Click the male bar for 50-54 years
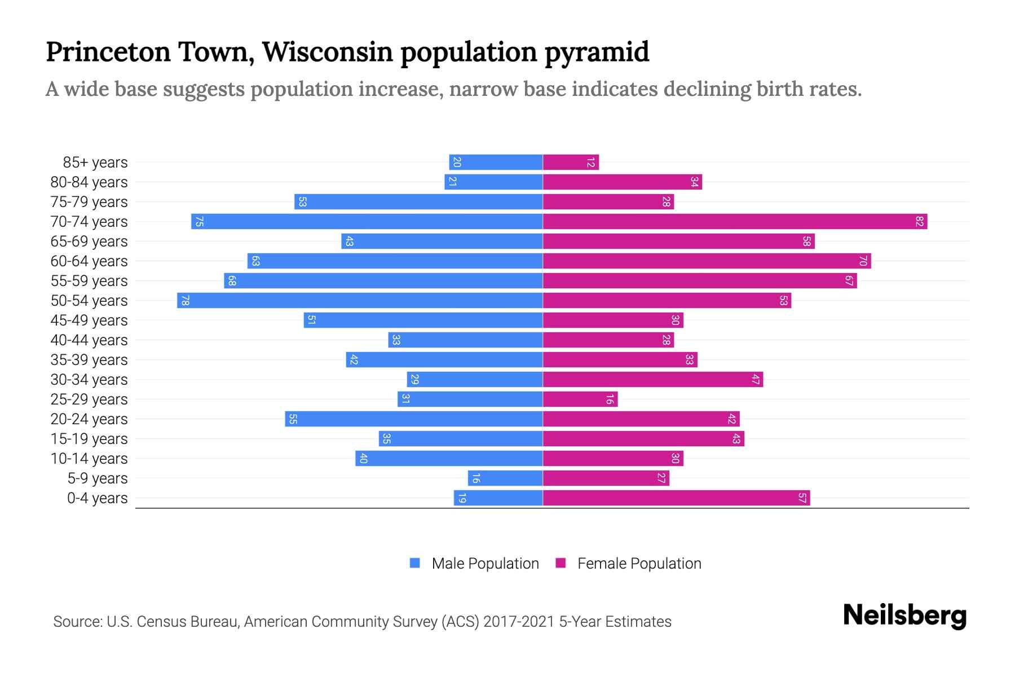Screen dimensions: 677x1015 point(360,301)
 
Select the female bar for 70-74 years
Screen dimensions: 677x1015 point(735,222)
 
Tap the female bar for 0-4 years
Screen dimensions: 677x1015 point(676,498)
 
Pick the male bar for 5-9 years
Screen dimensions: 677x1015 point(505,478)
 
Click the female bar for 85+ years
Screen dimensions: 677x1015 point(571,162)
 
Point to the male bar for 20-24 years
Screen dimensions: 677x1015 point(414,419)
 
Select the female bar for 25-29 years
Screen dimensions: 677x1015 point(580,399)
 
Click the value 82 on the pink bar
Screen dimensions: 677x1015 point(919,222)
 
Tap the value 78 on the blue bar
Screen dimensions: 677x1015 point(185,301)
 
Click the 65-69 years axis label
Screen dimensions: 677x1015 point(89,241)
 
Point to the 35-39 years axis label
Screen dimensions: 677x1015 point(89,360)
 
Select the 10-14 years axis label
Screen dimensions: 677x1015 point(89,459)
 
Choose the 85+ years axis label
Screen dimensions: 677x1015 point(95,162)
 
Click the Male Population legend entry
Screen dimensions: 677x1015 point(485,564)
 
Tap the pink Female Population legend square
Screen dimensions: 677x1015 point(561,563)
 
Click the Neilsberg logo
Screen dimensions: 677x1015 point(904,616)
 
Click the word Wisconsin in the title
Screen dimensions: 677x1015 point(327,52)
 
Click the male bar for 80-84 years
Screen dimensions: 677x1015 point(493,182)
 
